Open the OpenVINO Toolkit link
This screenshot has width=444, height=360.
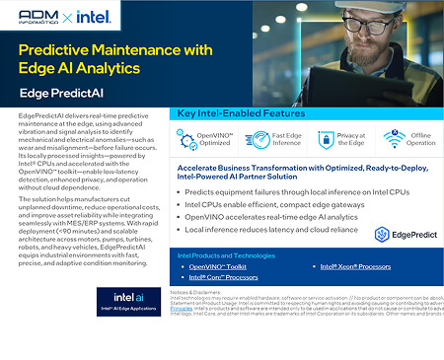point(218,266)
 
